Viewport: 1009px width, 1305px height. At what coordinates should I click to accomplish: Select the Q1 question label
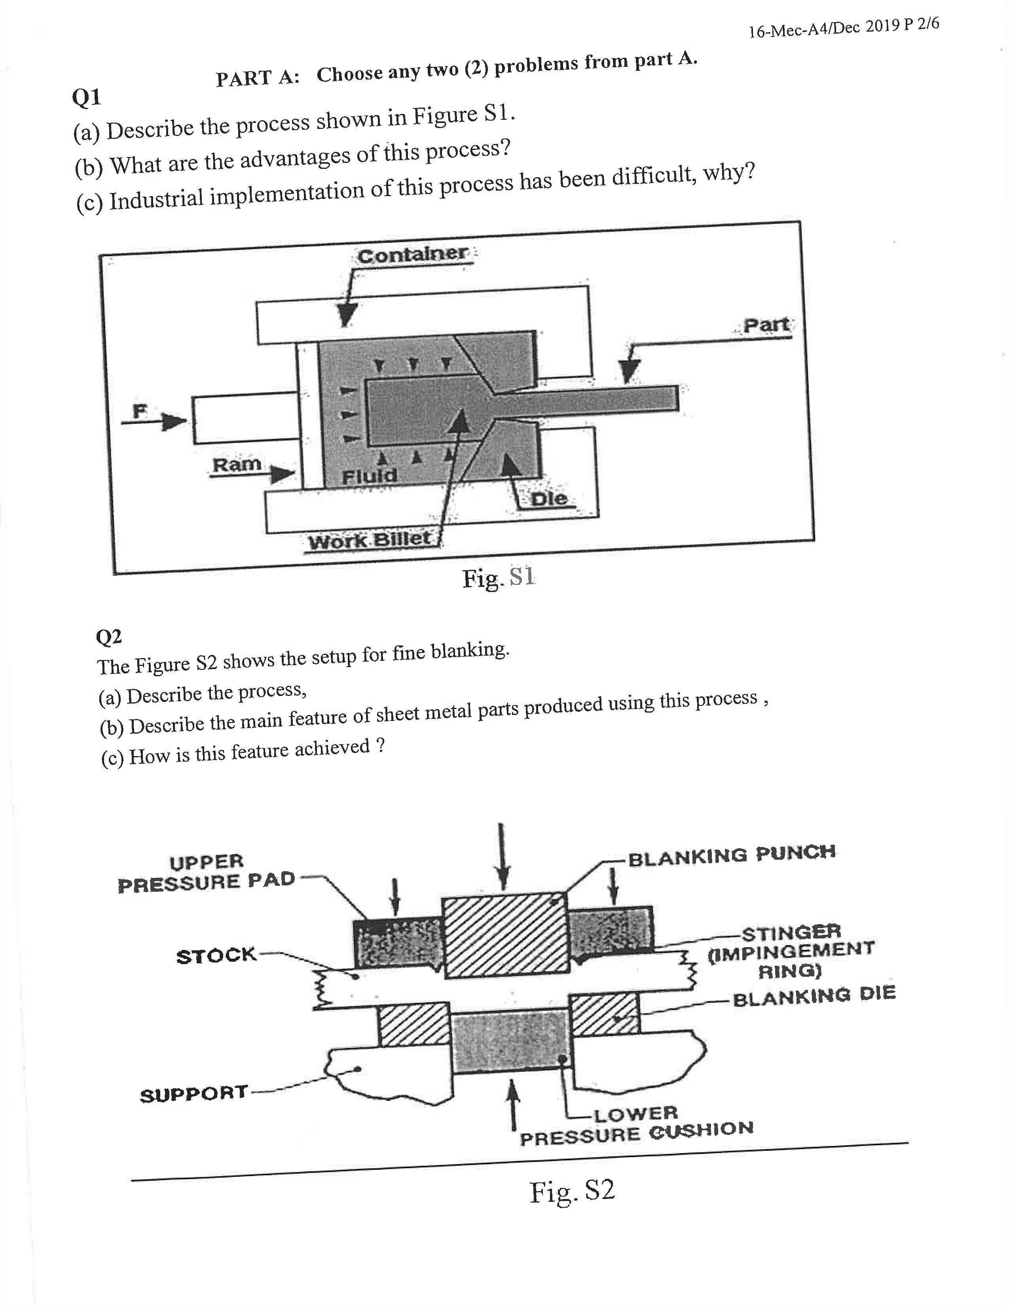click(86, 97)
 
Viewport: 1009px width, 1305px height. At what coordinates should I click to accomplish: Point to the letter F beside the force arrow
click(139, 411)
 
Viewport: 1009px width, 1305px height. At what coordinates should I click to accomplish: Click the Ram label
click(237, 464)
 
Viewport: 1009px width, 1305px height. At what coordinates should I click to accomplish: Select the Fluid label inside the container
click(369, 476)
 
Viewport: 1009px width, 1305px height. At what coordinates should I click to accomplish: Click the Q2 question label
click(109, 637)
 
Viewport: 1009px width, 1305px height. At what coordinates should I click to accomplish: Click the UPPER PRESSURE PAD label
click(206, 872)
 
